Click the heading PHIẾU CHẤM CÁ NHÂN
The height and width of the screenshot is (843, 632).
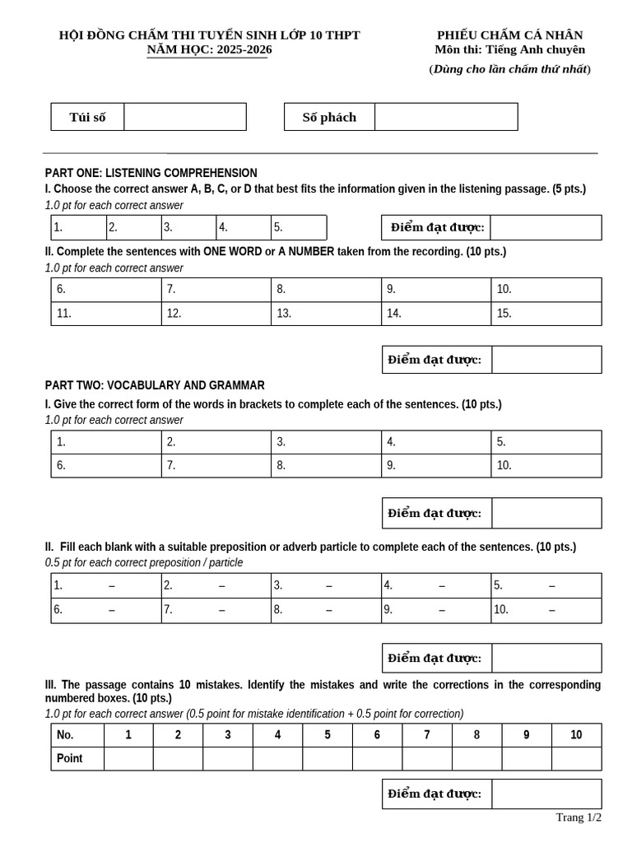coord(509,35)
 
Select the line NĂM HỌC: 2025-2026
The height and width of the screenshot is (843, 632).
coord(209,49)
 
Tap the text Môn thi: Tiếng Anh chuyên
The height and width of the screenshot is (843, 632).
coord(509,49)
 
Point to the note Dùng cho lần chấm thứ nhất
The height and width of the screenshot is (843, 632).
coord(509,69)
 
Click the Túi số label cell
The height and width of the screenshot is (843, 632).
coord(88,117)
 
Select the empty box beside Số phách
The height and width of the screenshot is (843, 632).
coord(446,117)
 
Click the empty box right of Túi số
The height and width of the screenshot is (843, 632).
coord(185,117)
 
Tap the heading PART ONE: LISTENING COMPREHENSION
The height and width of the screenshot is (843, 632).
coord(151,173)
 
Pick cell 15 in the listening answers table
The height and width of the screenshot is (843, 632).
coord(546,314)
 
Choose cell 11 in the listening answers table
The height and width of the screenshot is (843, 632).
coord(106,314)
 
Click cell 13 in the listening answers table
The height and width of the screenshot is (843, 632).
coord(326,314)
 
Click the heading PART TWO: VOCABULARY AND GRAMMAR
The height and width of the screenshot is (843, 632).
coord(155,385)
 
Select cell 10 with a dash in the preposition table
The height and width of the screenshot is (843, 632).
coord(546,611)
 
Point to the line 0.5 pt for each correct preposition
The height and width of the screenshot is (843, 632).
coord(144,562)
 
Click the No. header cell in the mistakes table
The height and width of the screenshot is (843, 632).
coord(77,735)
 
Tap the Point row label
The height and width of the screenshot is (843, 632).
coord(77,759)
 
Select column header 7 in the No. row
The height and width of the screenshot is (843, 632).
coord(426,735)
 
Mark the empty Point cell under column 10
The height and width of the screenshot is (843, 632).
coord(576,759)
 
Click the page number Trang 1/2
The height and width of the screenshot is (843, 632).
coord(579,817)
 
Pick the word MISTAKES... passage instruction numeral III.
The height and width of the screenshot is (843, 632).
coord(51,685)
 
